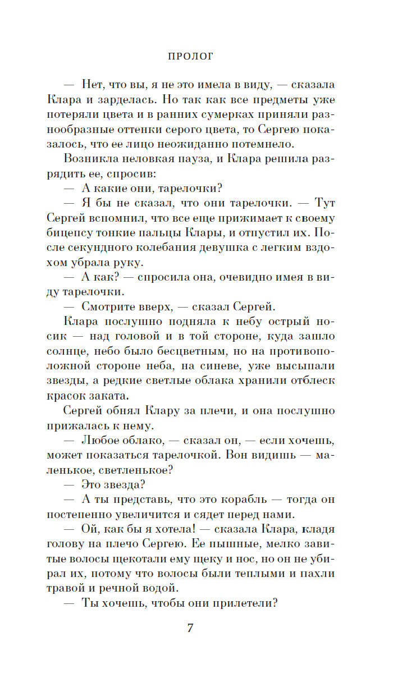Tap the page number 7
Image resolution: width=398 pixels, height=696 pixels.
(x=190, y=627)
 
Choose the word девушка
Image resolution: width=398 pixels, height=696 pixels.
(x=213, y=246)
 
